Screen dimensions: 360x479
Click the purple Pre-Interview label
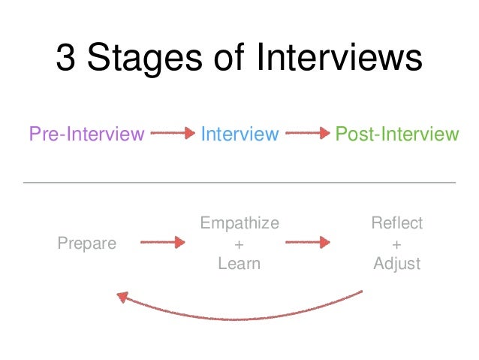86,135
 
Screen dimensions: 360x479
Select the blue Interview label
239,135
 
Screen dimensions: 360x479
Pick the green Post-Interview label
396,135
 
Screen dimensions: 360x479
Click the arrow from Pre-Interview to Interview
172,135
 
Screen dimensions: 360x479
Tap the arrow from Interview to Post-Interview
308,135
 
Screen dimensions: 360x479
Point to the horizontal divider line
239,183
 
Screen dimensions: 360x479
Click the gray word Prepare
87,244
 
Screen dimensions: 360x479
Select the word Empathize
239,223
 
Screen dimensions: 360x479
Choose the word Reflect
397,223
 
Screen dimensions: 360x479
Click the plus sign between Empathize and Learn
239,244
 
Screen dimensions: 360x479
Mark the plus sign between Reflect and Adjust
397,244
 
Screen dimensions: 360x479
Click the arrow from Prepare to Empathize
162,242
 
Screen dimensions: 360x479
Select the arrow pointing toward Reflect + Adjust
308,242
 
